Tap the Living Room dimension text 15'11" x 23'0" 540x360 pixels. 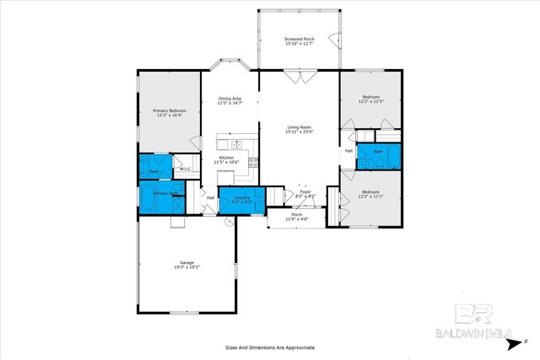(299, 132)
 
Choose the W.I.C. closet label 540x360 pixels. (185, 169)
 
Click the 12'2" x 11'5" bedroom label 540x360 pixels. (371, 99)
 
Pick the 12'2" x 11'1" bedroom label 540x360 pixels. (371, 193)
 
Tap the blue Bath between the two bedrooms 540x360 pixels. (378, 153)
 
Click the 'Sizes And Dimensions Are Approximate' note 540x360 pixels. (269, 347)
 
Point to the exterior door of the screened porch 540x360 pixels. (335, 40)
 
